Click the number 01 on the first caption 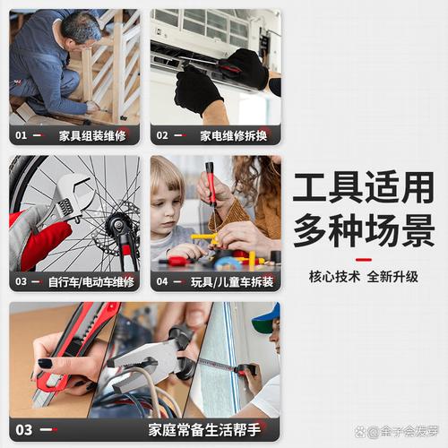[x=21, y=135]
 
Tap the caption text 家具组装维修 [x=92, y=136]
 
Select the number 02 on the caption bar [x=162, y=135]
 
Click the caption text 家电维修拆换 [x=233, y=136]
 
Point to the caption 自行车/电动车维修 [x=91, y=282]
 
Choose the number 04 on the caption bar [x=162, y=281]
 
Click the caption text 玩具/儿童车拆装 [x=232, y=282]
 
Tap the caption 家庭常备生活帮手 [x=204, y=430]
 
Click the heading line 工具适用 [x=364, y=187]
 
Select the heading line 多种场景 [x=364, y=230]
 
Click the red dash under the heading [x=364, y=260]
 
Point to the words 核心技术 [x=334, y=277]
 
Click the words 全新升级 [x=392, y=277]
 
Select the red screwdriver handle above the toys [x=211, y=183]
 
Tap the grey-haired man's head [x=81, y=30]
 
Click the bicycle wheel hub [x=117, y=226]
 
